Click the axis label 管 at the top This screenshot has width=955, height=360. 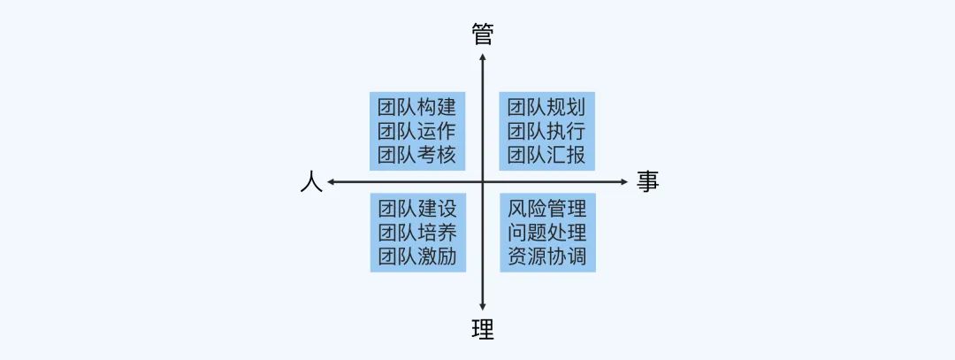(483, 34)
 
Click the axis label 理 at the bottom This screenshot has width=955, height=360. (483, 330)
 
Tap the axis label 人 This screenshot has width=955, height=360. (309, 182)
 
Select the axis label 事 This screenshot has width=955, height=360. (647, 182)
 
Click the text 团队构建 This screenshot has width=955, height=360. (416, 108)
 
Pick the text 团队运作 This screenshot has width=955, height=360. (416, 132)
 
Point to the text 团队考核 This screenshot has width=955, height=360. (416, 156)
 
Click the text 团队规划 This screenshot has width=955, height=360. (546, 108)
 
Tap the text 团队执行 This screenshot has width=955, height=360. (546, 132)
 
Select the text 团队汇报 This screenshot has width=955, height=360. (546, 156)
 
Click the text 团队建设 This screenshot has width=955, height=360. (416, 210)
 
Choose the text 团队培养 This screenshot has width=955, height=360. (416, 234)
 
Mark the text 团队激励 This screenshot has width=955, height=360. (416, 257)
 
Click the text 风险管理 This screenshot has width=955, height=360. (547, 210)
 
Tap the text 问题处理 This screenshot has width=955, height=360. (547, 234)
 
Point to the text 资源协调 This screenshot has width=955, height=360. (547, 257)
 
